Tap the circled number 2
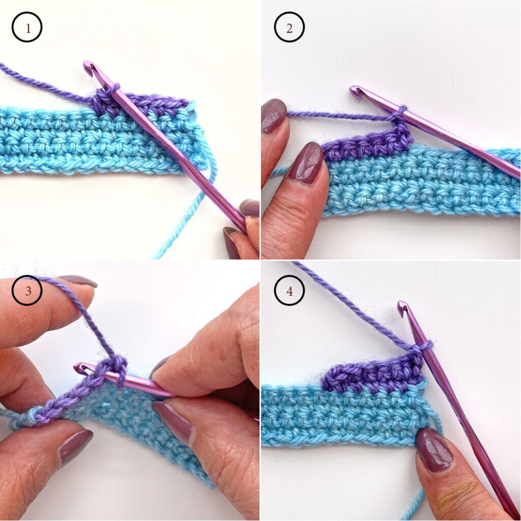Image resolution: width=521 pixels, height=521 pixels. click(289, 27)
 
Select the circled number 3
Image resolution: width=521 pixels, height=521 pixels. click(26, 291)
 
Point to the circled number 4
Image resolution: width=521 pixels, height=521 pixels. click(289, 292)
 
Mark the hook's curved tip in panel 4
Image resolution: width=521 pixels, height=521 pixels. click(403, 307)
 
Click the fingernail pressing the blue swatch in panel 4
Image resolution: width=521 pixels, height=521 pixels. click(435, 449)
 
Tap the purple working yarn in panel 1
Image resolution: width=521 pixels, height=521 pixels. click(41, 81)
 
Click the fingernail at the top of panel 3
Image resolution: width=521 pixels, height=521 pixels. click(76, 281)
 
